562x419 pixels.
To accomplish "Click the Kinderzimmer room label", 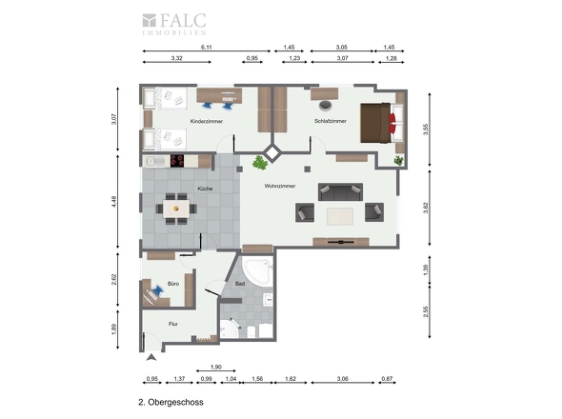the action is point(207,121).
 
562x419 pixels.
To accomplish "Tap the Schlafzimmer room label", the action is point(331,121).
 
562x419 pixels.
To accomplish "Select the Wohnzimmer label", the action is point(280,186).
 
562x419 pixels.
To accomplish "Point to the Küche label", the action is point(205,189).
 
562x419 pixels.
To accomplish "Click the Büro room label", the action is point(173,284).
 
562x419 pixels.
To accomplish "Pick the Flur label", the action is point(173,324).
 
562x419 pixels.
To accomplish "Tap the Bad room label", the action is point(240,284).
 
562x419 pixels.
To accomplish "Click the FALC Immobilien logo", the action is point(174,24).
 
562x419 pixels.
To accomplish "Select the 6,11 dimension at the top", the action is point(206,47).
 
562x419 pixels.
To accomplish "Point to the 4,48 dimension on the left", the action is point(113,202).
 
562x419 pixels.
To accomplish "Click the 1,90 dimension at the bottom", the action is point(216,367).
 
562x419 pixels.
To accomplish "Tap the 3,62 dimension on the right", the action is point(426,208).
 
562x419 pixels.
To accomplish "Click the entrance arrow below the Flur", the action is point(151,357).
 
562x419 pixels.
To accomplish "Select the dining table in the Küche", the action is point(176,209).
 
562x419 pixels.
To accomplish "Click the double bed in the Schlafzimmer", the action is point(382,123).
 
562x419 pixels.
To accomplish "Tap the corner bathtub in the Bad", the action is point(257,271).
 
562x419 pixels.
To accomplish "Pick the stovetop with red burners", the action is point(177,161).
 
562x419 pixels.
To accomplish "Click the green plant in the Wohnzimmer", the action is point(260,163).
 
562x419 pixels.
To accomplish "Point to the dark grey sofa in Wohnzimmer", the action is point(340,191).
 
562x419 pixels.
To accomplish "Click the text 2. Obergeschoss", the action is point(171,402).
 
